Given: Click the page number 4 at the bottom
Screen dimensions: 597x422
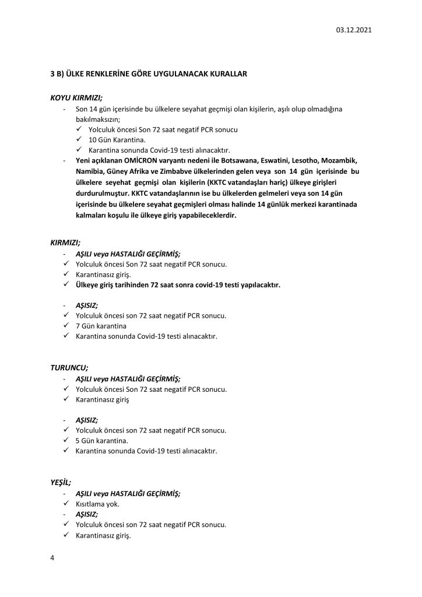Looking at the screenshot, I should pyautogui.click(x=52, y=558).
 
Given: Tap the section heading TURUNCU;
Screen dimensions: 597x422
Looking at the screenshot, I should pyautogui.click(x=69, y=367).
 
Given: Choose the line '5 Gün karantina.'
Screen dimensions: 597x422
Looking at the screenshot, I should pyautogui.click(x=102, y=440).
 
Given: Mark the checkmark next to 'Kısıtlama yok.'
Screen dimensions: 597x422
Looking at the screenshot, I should pyautogui.click(x=66, y=503).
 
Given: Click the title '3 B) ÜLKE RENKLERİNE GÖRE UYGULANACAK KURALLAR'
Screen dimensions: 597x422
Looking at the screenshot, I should pyautogui.click(x=149, y=75).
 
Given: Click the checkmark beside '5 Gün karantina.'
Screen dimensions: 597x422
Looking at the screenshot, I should pyautogui.click(x=66, y=440).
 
